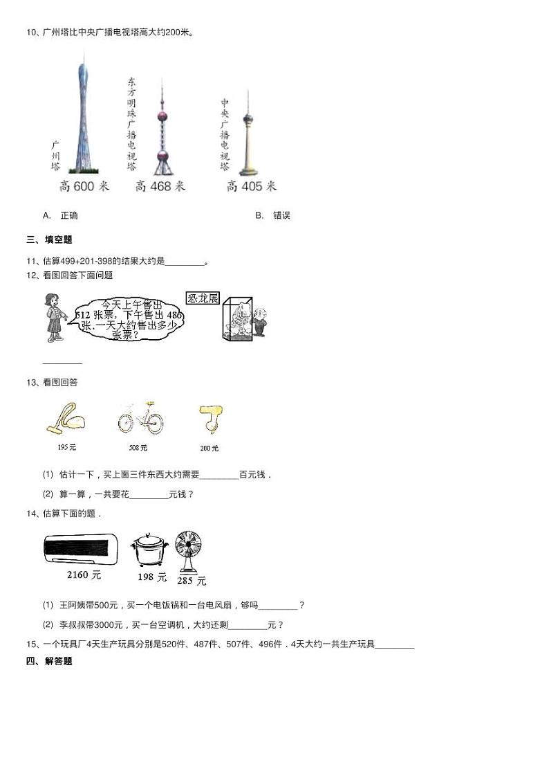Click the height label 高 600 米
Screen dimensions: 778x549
(85, 186)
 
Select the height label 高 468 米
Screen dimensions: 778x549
(160, 186)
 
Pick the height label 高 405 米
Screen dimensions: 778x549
(251, 186)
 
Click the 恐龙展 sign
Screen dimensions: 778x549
(203, 298)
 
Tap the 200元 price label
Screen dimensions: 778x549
(209, 449)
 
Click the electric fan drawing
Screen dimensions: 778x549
(189, 551)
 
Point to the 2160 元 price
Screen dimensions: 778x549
(84, 575)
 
